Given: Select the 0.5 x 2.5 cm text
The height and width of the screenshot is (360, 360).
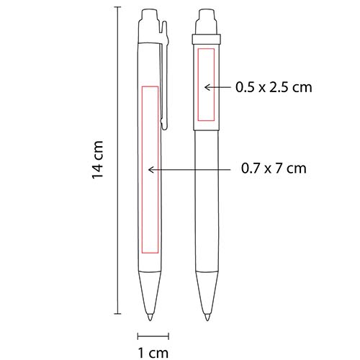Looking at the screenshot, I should pyautogui.click(x=273, y=87).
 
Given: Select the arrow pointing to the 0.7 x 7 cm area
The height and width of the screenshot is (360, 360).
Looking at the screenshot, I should pyautogui.click(x=191, y=169).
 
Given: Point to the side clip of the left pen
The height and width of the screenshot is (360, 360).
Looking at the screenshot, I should pyautogui.click(x=166, y=79).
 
